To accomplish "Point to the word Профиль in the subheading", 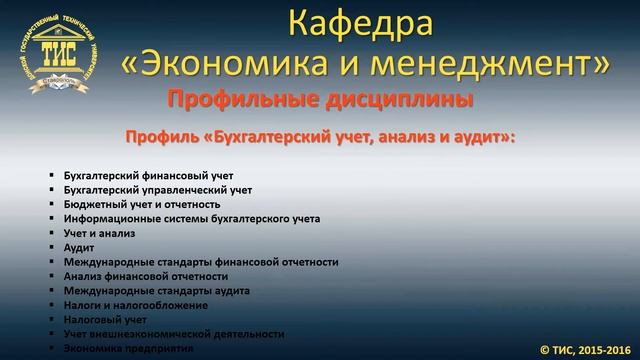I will click(x=159, y=137).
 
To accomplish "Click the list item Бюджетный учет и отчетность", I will click(x=141, y=204).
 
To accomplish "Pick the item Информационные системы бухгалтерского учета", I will click(x=191, y=218).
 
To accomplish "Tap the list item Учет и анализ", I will click(x=99, y=233).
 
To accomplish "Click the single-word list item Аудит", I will click(x=79, y=247).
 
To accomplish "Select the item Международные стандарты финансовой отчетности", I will click(x=200, y=262).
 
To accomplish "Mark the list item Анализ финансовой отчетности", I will click(x=145, y=276).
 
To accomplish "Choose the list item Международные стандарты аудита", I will click(x=156, y=291).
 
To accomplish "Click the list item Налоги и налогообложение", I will click(x=135, y=305).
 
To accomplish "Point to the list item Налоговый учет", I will click(x=105, y=320).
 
